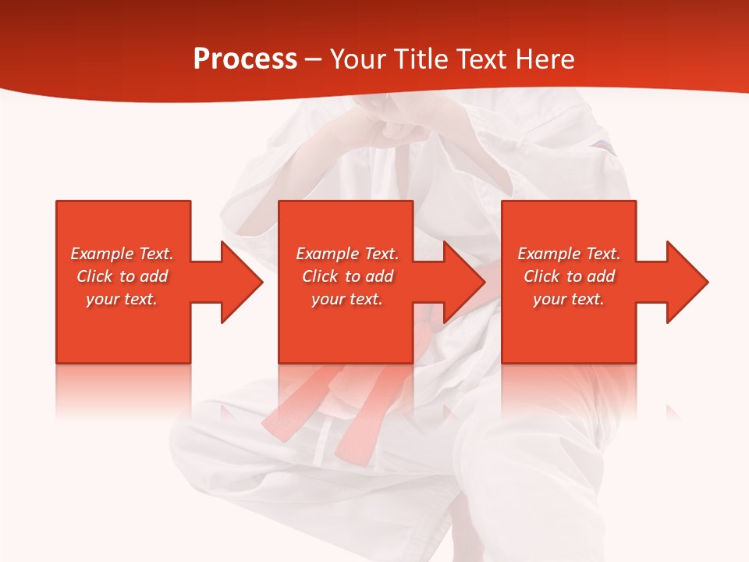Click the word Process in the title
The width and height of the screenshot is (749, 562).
pyautogui.click(x=245, y=59)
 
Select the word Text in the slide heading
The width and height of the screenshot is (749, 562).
pyautogui.click(x=482, y=59)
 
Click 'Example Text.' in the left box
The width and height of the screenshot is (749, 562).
pyautogui.click(x=122, y=254)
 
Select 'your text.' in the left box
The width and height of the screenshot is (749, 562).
pyautogui.click(x=122, y=299)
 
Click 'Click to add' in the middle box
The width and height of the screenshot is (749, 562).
pyautogui.click(x=347, y=276)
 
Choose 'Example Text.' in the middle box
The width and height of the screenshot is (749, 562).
pyautogui.click(x=347, y=254)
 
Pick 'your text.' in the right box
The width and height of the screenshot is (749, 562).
pyautogui.click(x=569, y=299)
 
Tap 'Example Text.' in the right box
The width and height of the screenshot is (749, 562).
pyautogui.click(x=569, y=254)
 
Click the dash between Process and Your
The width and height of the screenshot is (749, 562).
pyautogui.click(x=313, y=59)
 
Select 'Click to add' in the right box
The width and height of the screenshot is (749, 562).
pyautogui.click(x=569, y=276)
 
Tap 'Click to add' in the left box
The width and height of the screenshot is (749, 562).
pyautogui.click(x=122, y=276)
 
